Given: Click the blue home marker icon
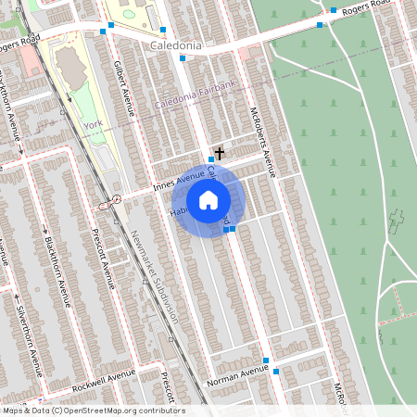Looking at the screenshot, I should click(x=208, y=200).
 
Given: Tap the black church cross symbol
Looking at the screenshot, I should click(x=220, y=151).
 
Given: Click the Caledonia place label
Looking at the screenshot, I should click(x=178, y=44).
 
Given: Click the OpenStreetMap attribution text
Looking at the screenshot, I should click(x=93, y=411).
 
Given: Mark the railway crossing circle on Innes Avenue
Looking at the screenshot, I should click(x=117, y=199).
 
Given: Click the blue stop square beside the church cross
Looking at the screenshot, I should click(x=211, y=160).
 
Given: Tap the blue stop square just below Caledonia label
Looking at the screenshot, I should click(x=183, y=58).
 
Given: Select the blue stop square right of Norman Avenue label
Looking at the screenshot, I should click(x=275, y=372).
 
